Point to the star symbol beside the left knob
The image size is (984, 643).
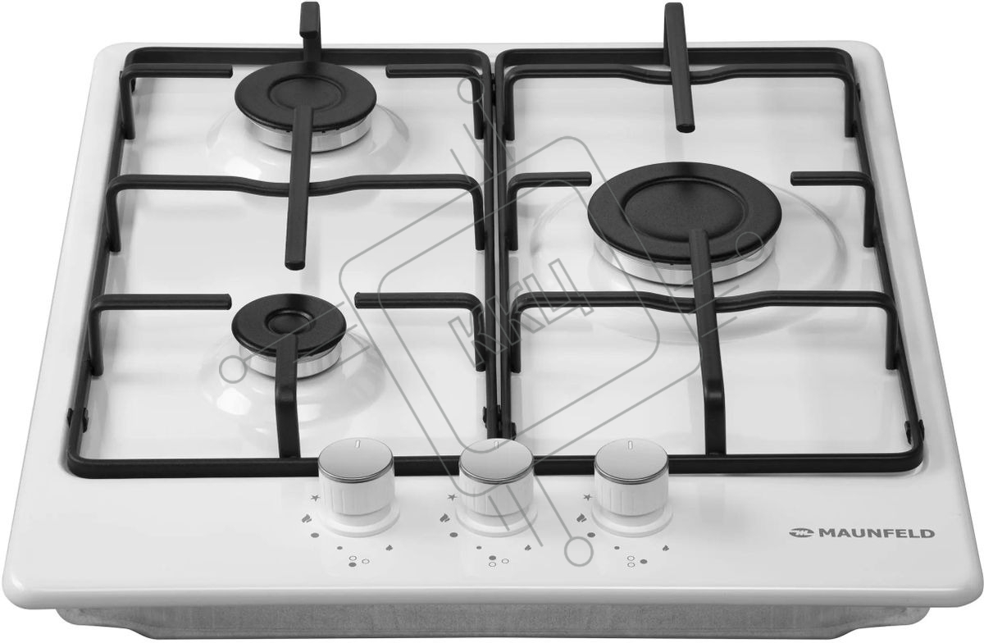(315, 498)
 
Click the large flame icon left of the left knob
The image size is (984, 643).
(307, 518)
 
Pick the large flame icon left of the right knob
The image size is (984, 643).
(582, 518)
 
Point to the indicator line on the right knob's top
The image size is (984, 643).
(631, 445)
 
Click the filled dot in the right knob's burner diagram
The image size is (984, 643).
(644, 561)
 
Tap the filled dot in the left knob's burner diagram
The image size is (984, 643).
(352, 564)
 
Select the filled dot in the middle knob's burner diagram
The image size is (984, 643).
(493, 558)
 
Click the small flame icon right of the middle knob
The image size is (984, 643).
(529, 548)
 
